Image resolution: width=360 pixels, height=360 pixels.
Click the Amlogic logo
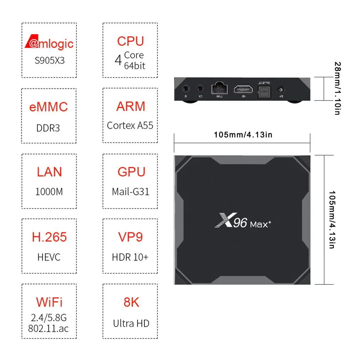click(x=49, y=43)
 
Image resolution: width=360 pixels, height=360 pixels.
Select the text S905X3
click(x=50, y=60)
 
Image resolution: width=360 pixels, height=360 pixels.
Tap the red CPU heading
click(x=130, y=41)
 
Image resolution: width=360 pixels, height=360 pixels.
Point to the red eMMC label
click(x=48, y=107)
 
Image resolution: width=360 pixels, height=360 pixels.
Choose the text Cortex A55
click(x=130, y=125)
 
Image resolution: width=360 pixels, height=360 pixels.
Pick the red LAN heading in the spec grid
click(x=49, y=172)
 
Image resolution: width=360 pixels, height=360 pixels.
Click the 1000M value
click(x=49, y=192)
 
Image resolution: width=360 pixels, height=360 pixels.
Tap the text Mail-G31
click(x=130, y=192)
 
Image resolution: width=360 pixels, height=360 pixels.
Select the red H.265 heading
click(x=49, y=237)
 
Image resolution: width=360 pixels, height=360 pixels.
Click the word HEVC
click(x=49, y=257)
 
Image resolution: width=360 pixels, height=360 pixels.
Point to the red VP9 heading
click(x=130, y=237)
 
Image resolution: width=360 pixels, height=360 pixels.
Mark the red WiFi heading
click(x=49, y=302)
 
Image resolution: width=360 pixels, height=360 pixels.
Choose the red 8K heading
click(x=131, y=302)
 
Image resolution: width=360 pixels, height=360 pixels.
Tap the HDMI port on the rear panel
click(x=243, y=89)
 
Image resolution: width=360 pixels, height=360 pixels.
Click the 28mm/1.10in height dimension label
click(x=337, y=88)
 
